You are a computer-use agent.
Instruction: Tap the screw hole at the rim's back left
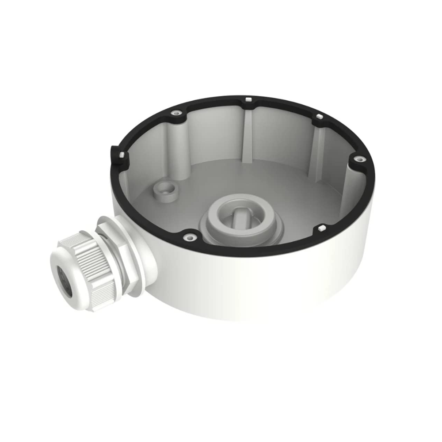tap(177, 113)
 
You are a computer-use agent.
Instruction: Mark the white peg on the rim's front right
tap(321, 228)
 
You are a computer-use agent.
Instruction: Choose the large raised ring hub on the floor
tap(239, 217)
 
